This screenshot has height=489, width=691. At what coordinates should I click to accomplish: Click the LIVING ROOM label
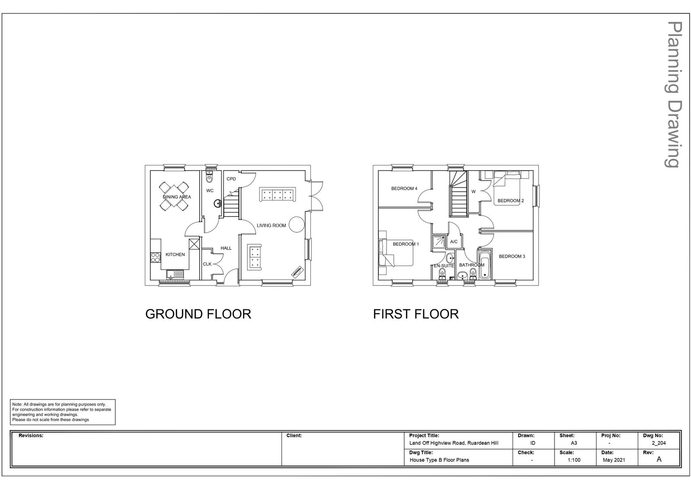(271, 226)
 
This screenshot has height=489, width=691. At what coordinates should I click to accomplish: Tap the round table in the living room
(297, 224)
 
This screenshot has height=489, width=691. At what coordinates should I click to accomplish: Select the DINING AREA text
(177, 197)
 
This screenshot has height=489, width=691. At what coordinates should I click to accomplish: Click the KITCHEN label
(175, 255)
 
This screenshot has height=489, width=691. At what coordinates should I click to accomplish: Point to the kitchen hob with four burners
(155, 258)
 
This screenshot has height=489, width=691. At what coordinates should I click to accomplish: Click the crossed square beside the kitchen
(194, 244)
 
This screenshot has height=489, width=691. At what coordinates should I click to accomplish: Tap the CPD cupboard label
(231, 179)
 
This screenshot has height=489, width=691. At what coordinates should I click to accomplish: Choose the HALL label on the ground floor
(226, 248)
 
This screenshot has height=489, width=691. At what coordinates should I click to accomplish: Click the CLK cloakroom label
(207, 264)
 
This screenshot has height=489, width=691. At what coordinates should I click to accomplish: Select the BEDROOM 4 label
(404, 189)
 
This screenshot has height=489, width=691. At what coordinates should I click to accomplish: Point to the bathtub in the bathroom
(484, 264)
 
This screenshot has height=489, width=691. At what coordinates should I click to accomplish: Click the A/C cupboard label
(454, 242)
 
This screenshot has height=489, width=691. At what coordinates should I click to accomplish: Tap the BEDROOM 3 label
(512, 256)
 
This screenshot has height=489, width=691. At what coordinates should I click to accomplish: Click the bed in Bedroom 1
(396, 252)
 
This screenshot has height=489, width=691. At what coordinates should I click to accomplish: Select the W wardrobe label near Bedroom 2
(473, 192)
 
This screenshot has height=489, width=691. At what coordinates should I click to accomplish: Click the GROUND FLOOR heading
(198, 314)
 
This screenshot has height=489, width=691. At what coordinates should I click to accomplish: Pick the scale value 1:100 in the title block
(574, 460)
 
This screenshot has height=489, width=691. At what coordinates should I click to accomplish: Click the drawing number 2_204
(659, 443)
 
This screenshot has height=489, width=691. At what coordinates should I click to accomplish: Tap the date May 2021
(614, 460)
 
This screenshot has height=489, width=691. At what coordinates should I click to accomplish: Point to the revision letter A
(659, 459)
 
